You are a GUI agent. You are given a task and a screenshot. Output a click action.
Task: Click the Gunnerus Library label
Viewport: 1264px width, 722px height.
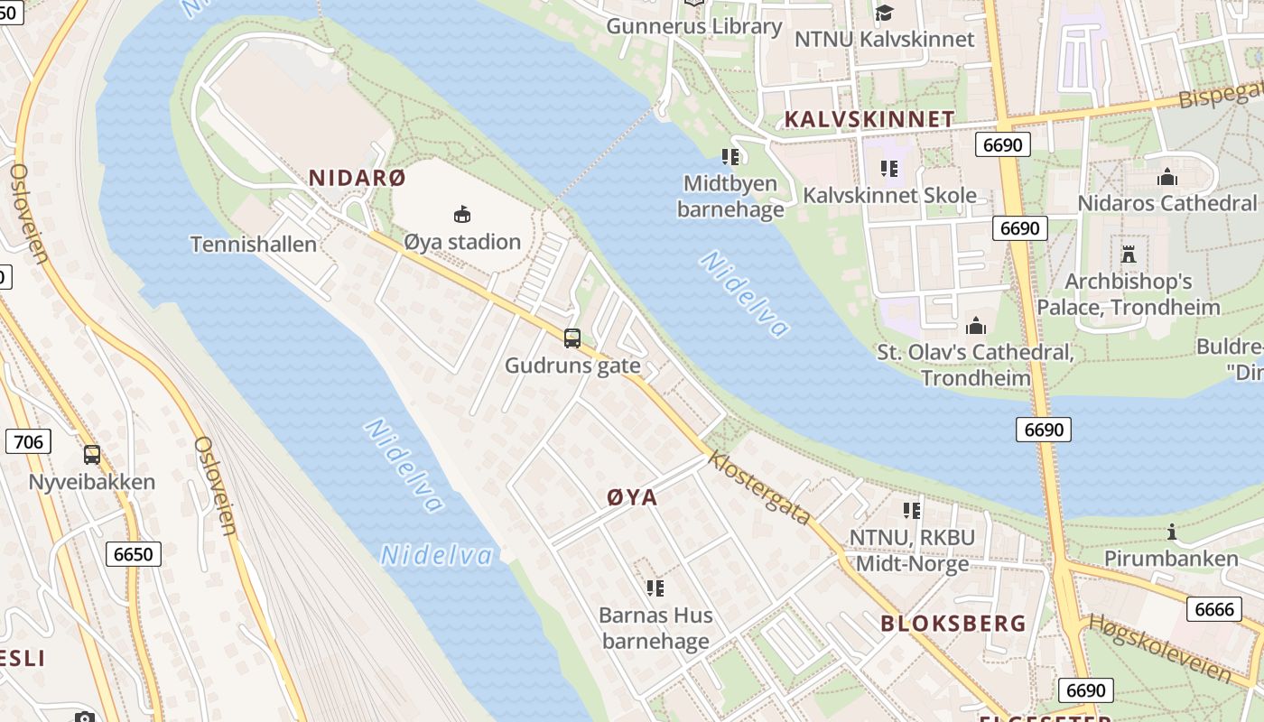click(693, 26)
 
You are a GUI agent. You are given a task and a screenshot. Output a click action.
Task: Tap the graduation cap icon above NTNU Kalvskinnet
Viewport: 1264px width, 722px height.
click(884, 13)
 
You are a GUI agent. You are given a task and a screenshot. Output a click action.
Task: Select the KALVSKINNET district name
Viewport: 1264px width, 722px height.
click(869, 119)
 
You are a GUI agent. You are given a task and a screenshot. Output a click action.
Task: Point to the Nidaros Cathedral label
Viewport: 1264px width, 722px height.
click(1166, 203)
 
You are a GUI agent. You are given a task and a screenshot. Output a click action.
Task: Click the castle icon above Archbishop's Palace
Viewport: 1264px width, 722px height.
click(1128, 254)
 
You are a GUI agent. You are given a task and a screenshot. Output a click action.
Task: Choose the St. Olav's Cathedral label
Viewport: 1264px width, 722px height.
click(975, 364)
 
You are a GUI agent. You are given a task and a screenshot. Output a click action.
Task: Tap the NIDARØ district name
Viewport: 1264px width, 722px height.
click(358, 178)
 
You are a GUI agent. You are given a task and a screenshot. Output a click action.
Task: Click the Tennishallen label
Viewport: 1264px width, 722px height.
click(254, 244)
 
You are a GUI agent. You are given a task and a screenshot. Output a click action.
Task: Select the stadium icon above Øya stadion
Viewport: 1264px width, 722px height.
click(462, 215)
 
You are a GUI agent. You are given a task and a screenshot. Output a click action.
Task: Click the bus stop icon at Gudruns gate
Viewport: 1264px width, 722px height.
click(572, 338)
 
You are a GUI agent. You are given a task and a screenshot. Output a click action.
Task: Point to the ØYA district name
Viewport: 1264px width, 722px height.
click(632, 497)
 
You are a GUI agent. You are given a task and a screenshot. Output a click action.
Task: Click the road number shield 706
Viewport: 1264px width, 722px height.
click(28, 441)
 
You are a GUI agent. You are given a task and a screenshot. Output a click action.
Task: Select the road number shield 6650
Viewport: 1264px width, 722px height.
click(134, 553)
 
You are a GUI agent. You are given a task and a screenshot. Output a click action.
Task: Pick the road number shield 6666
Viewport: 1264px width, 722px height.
click(1213, 609)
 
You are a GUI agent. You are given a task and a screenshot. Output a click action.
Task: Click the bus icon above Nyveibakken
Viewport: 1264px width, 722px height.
click(92, 455)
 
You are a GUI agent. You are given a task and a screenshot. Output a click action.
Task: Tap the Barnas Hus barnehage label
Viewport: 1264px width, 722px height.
click(655, 628)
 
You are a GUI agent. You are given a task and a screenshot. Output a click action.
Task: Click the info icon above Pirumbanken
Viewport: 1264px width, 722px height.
click(1172, 532)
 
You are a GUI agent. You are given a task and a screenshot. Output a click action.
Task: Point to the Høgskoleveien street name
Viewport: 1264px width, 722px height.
click(1159, 647)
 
